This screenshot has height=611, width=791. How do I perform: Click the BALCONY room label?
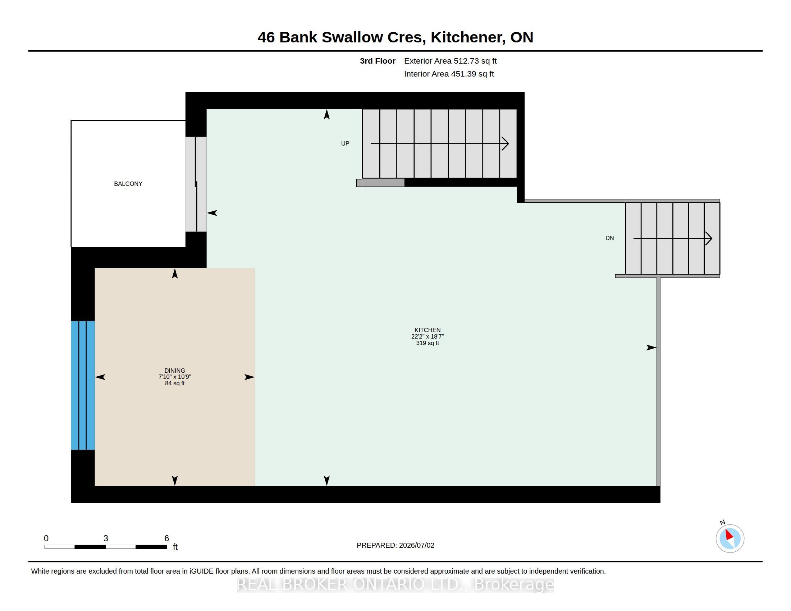click(128, 184)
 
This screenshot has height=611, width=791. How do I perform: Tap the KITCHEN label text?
click(427, 330)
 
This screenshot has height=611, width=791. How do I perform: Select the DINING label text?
click(175, 371)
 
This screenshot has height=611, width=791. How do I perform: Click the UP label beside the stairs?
click(345, 144)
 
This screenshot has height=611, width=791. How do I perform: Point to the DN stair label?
click(609, 238)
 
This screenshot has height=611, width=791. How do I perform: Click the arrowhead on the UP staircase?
click(506, 144)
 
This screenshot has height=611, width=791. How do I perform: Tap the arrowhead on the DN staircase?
click(709, 239)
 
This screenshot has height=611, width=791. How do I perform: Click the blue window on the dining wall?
click(83, 386)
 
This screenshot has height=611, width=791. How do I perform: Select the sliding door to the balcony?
click(196, 184)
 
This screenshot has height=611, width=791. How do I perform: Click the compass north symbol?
click(730, 538)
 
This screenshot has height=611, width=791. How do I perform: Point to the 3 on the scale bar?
click(106, 538)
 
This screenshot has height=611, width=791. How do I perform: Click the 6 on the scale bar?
click(166, 538)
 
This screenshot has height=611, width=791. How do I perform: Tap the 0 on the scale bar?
click(46, 538)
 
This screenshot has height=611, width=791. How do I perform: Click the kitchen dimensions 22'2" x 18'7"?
click(427, 337)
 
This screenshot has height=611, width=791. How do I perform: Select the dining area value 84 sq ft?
click(175, 383)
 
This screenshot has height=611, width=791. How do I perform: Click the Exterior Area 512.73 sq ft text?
click(450, 61)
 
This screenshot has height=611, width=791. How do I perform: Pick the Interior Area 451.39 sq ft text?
click(449, 74)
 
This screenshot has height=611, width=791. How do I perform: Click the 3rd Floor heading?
click(378, 61)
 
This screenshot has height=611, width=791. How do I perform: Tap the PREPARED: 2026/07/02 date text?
click(395, 546)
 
